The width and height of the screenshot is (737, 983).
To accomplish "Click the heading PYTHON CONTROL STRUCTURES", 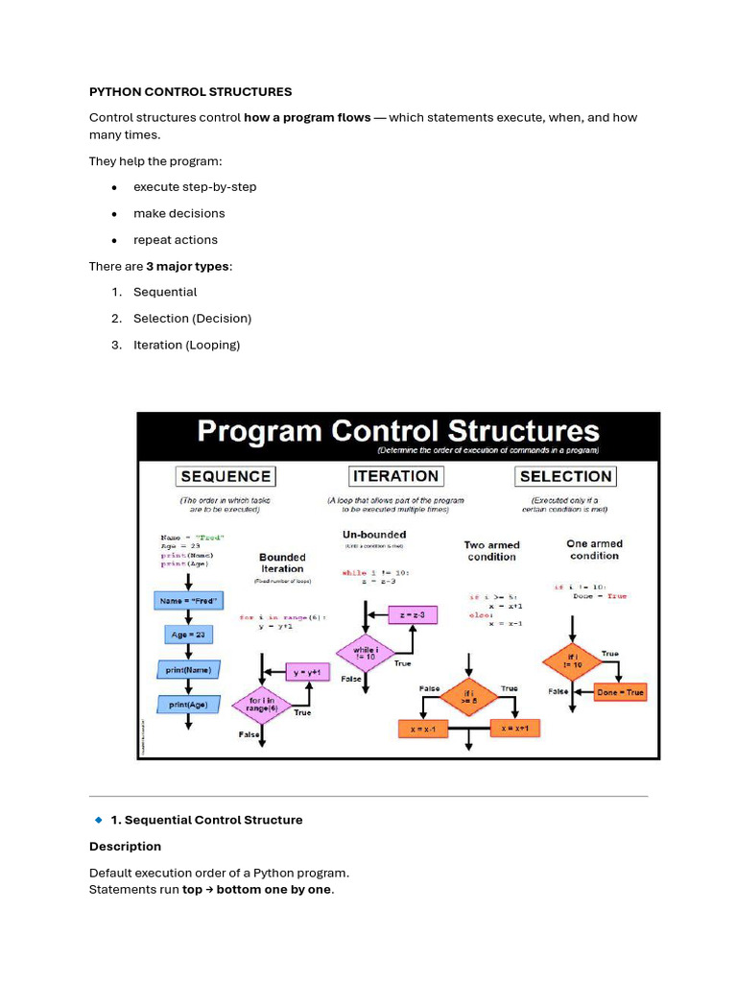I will pyautogui.click(x=190, y=92).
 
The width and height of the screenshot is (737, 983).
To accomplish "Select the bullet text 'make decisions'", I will pyautogui.click(x=178, y=213).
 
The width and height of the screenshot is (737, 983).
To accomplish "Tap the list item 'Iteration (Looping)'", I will pyautogui.click(x=186, y=345).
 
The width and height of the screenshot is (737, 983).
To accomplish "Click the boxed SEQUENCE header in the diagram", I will pyautogui.click(x=226, y=476).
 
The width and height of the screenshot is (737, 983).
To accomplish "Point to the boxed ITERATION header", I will pyautogui.click(x=395, y=476).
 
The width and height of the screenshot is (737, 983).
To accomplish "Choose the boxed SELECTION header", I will pyautogui.click(x=565, y=476).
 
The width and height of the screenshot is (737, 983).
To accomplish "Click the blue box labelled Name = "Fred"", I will pyautogui.click(x=188, y=601).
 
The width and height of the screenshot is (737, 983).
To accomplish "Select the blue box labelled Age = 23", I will pyautogui.click(x=188, y=635).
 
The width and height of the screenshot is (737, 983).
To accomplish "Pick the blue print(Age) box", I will pyautogui.click(x=188, y=705).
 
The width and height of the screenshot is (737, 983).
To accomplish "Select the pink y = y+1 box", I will pyautogui.click(x=310, y=672).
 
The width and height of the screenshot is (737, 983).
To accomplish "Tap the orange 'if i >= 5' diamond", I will pyautogui.click(x=468, y=698).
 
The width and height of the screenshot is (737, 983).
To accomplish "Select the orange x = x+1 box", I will pyautogui.click(x=516, y=729).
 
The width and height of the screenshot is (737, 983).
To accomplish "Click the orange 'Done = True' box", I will pyautogui.click(x=620, y=691).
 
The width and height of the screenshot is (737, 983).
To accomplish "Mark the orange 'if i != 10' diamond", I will pyautogui.click(x=572, y=662).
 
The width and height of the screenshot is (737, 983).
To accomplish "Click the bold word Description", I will pyautogui.click(x=125, y=847).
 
